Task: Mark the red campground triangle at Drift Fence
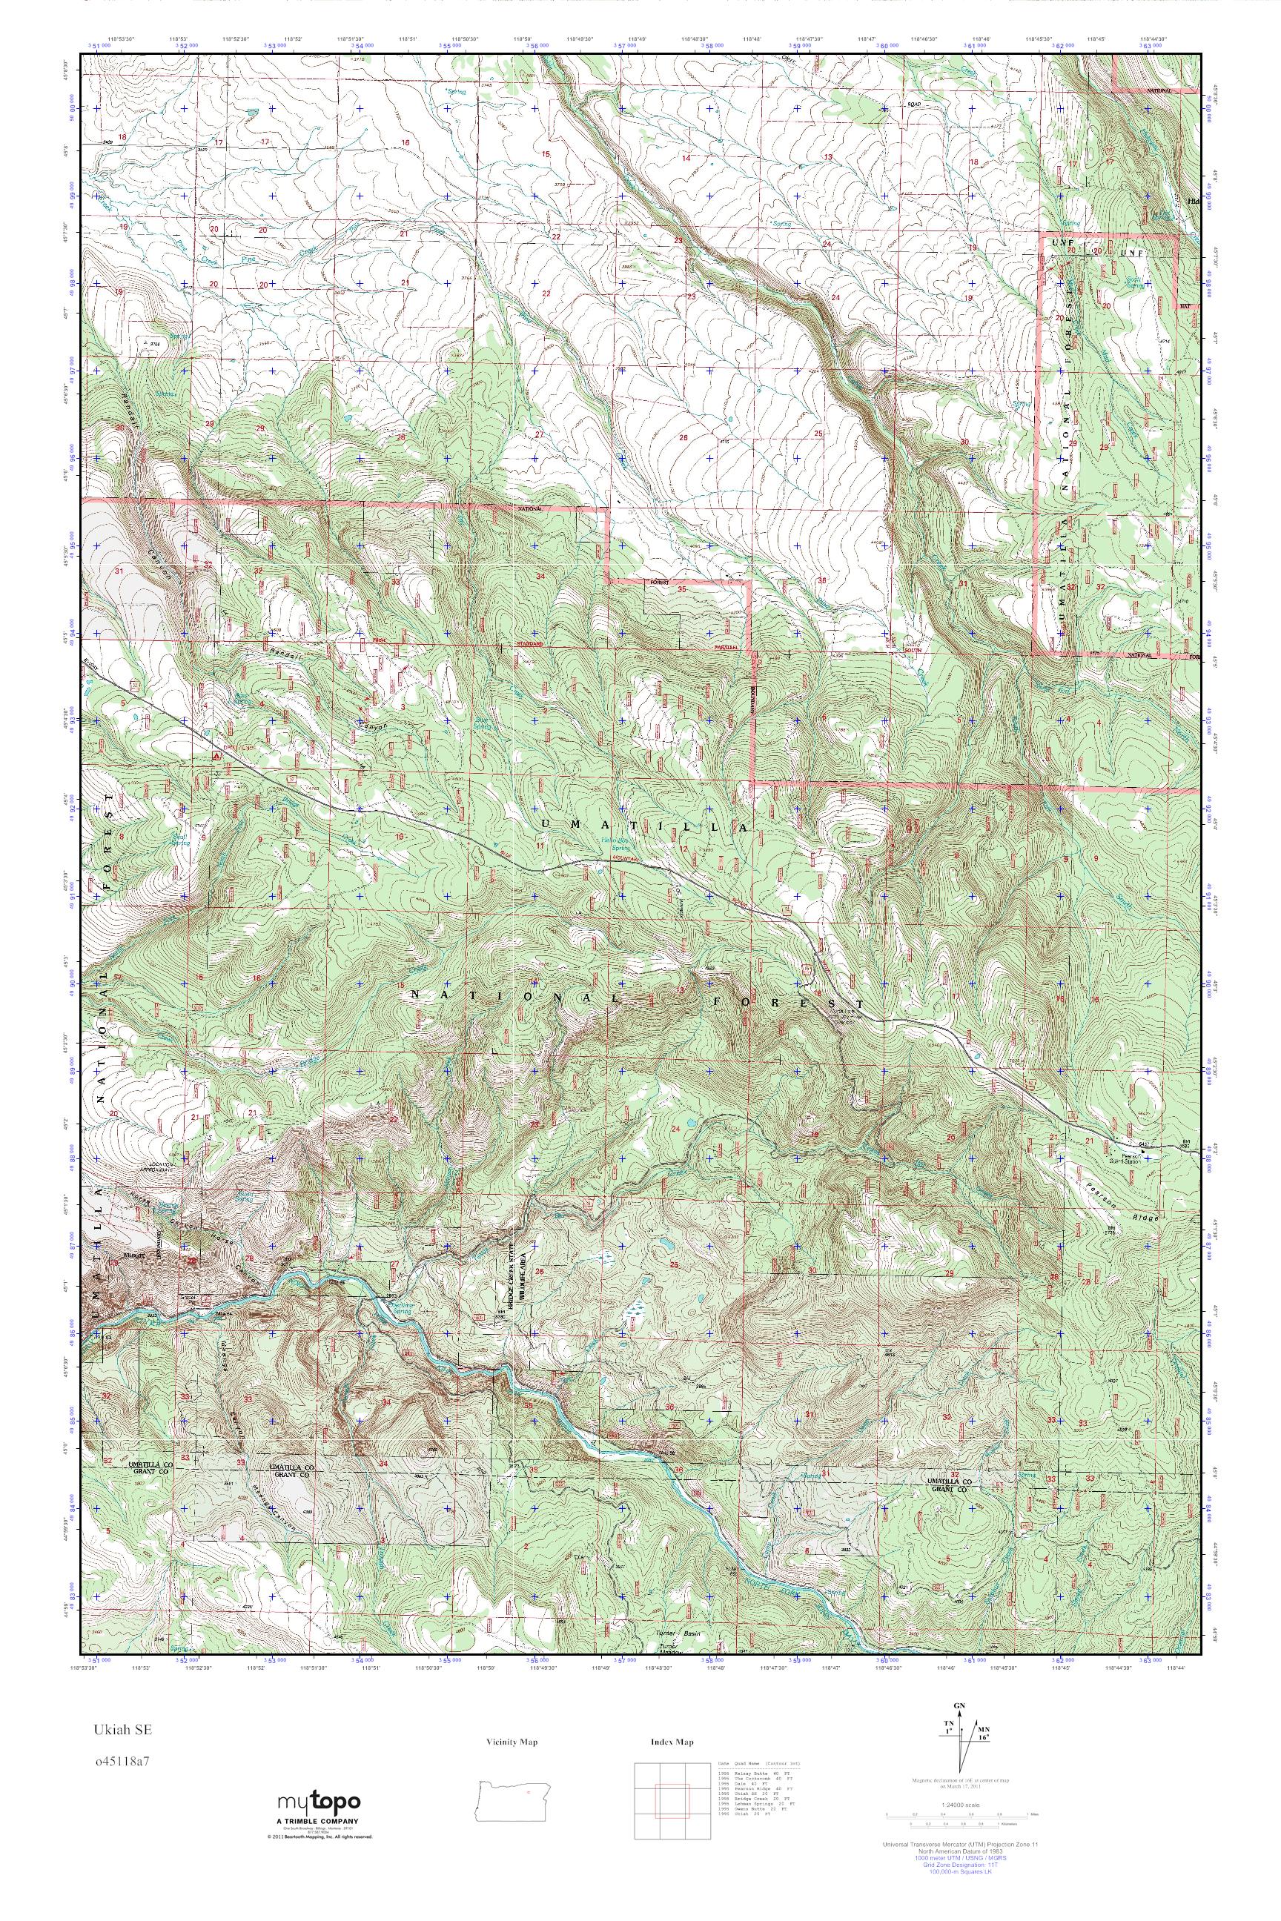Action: tap(216, 755)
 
